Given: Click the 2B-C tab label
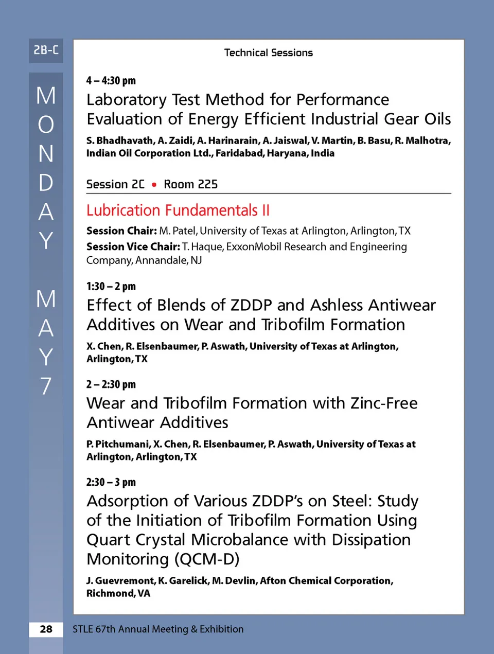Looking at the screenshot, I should (x=46, y=50).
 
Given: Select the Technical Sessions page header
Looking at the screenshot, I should (x=268, y=52).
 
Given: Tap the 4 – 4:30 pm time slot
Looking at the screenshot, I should (x=111, y=80).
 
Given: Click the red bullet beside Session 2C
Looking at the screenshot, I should (x=154, y=185).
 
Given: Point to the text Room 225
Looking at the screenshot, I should (x=190, y=184).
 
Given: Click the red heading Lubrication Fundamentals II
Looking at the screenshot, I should (x=178, y=210).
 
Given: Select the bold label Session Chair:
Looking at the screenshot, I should (x=121, y=231).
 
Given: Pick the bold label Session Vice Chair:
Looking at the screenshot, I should (x=133, y=247).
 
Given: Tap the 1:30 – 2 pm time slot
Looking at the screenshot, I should (x=111, y=286).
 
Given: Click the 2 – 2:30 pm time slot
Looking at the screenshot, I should (x=111, y=384).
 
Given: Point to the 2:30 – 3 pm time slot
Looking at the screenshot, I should (x=111, y=482).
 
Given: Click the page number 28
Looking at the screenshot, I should (x=46, y=629).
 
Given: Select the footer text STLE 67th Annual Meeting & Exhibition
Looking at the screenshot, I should (x=158, y=629).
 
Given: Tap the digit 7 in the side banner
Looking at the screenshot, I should (x=46, y=386).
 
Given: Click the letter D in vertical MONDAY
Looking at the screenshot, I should (x=46, y=183).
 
